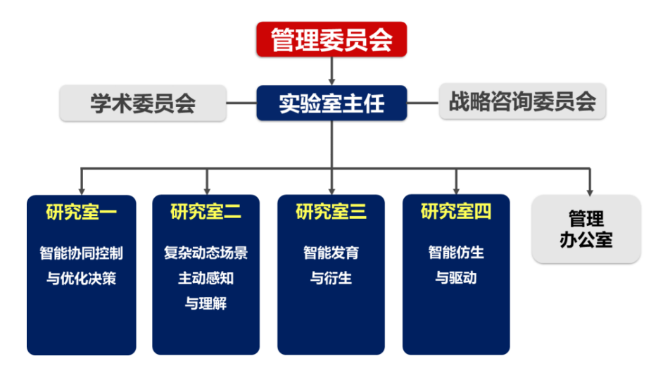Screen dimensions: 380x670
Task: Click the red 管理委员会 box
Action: tap(331, 39)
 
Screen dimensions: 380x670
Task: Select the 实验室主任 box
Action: tap(331, 103)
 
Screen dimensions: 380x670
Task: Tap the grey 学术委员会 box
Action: tap(143, 103)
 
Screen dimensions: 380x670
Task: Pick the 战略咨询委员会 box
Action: tap(522, 103)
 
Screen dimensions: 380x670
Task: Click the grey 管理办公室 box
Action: tap(586, 229)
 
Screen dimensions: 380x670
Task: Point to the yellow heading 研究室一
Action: tap(81, 211)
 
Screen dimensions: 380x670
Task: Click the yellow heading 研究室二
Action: tap(206, 211)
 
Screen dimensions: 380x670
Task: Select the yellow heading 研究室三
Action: tap(331, 211)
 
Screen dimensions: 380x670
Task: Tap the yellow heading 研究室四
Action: tap(456, 211)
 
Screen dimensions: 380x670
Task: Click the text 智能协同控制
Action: tap(81, 253)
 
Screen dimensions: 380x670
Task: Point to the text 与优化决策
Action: tap(81, 278)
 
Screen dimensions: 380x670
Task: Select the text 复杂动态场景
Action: tap(206, 253)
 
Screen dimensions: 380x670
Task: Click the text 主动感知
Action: tap(206, 278)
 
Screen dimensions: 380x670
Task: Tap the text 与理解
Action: tap(206, 304)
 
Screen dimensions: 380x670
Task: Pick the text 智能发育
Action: tap(331, 253)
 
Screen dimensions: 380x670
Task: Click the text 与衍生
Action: tap(331, 278)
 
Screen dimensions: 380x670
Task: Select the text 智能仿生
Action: tap(456, 253)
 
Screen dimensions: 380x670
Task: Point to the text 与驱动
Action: tap(456, 278)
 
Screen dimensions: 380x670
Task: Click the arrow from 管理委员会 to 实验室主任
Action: tap(331, 70)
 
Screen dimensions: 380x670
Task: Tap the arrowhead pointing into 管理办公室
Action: tap(590, 189)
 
